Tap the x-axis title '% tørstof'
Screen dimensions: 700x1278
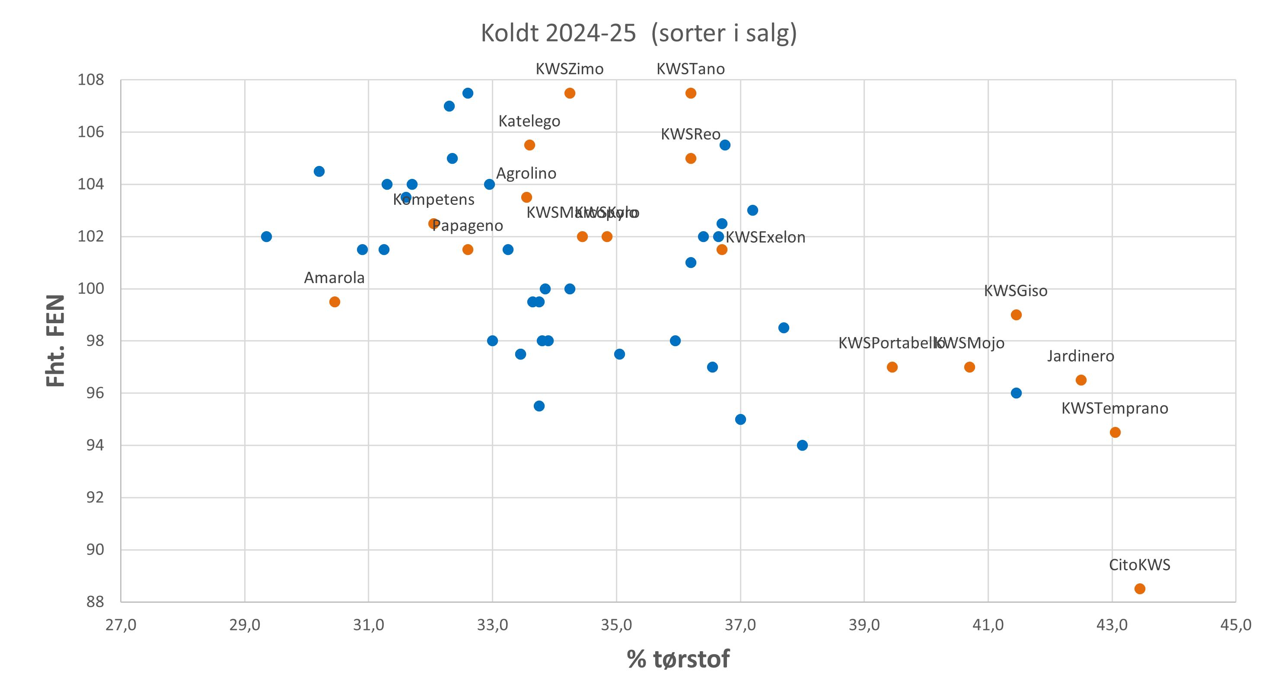[678, 659]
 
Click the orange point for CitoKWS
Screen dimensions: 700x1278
[1140, 589]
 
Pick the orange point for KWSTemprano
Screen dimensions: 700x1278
[1115, 432]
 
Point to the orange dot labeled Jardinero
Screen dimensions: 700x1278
[1081, 380]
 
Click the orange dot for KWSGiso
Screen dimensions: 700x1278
[1016, 315]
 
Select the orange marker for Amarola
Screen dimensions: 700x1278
[335, 302]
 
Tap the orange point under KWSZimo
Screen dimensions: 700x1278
[570, 93]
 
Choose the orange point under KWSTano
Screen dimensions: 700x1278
[691, 93]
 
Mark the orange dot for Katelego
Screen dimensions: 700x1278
[529, 145]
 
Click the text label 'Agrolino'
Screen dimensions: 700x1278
[526, 173]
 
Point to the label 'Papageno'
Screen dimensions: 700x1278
[467, 226]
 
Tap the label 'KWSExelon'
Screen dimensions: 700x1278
[765, 237]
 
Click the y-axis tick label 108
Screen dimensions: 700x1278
[91, 80]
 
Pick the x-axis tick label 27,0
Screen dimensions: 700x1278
[121, 624]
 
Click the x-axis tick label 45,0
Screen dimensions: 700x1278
[1235, 624]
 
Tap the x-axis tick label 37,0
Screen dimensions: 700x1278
[740, 624]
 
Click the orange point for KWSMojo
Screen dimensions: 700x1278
[969, 367]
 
